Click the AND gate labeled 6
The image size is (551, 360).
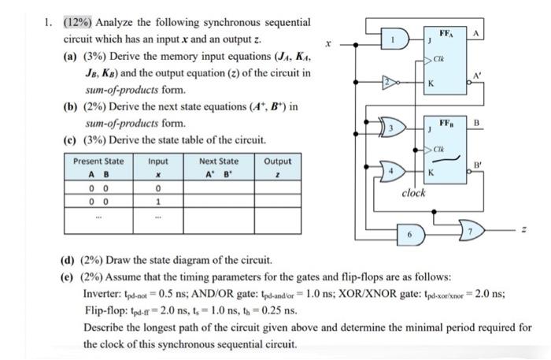(x=411, y=233)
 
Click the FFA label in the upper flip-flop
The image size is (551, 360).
(x=446, y=35)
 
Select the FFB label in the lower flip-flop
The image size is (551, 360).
(x=446, y=124)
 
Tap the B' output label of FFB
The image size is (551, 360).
(x=477, y=165)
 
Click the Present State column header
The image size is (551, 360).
(x=98, y=161)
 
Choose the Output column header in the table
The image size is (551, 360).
(x=276, y=161)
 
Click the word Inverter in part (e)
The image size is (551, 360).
(x=104, y=292)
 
